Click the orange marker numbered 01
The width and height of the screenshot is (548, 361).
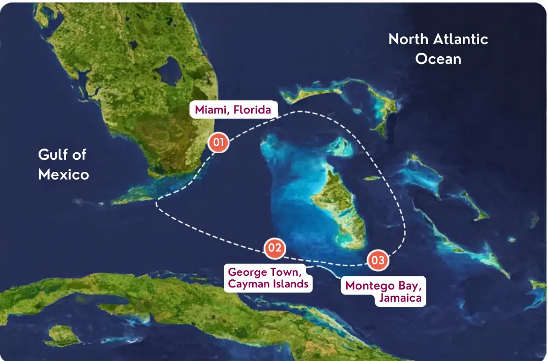point(218,142)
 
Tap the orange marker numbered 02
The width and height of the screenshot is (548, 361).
point(275,248)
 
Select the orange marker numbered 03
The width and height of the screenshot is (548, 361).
point(378,261)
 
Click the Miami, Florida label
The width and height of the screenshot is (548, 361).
point(233,110)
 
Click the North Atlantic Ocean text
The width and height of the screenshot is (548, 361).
point(438,49)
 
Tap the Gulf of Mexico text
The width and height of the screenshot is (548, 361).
point(63,164)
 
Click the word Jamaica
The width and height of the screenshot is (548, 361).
point(400,298)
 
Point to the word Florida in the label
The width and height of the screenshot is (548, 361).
point(253,110)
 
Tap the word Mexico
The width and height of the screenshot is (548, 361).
point(63,174)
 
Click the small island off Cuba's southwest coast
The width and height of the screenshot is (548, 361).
point(63,335)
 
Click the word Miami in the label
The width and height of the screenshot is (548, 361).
point(209,110)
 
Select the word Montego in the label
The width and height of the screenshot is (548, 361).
point(369,285)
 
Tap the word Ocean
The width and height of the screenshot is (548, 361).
point(438,59)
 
